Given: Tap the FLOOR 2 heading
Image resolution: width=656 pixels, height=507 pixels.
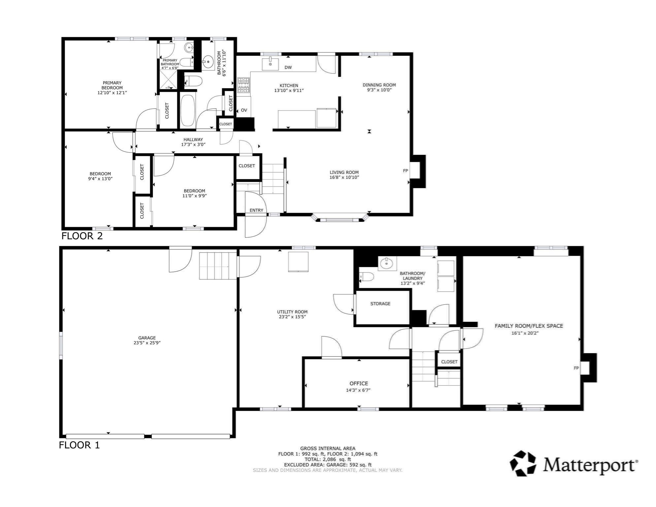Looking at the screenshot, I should point(82,236).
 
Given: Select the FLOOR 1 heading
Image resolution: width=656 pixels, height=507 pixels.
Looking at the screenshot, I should point(79,445).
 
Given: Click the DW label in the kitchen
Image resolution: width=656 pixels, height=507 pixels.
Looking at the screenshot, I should point(288,67).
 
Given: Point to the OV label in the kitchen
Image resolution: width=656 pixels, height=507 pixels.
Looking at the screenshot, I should point(244,110).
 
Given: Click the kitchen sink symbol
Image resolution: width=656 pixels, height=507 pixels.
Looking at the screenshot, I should point(270,64).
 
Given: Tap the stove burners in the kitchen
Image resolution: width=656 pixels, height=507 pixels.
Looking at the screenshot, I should point(244,85).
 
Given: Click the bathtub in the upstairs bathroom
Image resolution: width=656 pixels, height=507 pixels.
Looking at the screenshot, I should point(188,111).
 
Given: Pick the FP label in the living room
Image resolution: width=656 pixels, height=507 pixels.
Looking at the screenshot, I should point(405,171).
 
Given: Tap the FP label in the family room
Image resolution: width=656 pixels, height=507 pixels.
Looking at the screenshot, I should point(576,368).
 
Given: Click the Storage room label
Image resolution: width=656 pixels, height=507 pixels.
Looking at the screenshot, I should point(380,304).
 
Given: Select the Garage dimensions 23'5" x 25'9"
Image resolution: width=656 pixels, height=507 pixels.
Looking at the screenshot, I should point(147,343).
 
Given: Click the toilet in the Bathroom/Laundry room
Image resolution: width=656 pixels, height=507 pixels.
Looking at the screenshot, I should point(366,277).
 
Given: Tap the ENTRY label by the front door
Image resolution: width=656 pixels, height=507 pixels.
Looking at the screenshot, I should point(256,210).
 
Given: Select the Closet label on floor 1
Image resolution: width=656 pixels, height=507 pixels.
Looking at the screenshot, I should point(449,362).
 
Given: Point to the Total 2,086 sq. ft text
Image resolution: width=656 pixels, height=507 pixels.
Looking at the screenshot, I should point(327,459).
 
